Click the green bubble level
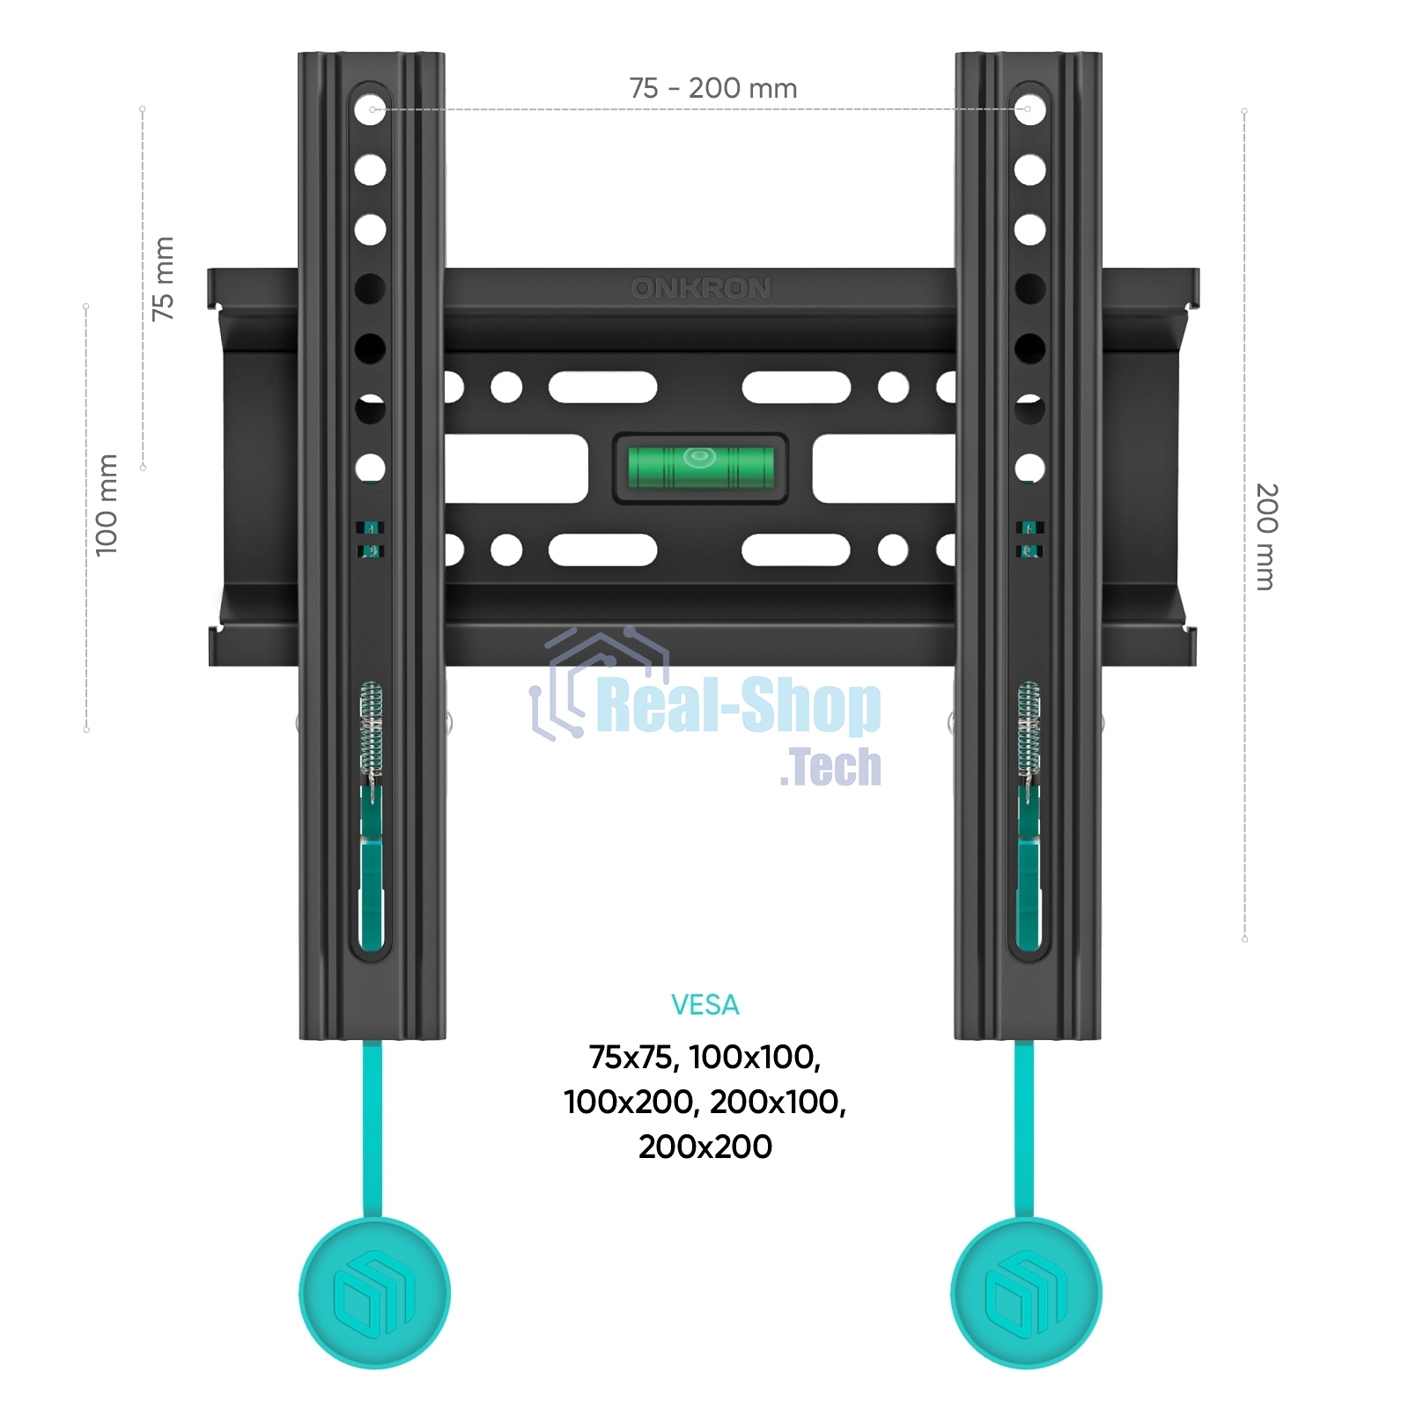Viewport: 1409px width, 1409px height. [700, 468]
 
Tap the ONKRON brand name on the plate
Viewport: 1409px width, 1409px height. [701, 288]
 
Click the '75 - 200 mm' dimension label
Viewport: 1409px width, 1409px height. [712, 88]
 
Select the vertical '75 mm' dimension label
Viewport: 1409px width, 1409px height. [163, 278]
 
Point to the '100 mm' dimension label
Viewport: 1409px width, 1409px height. [106, 505]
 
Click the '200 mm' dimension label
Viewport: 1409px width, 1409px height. [1265, 536]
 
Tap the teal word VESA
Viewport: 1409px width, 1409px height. [704, 1005]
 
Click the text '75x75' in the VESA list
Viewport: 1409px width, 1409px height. [633, 1057]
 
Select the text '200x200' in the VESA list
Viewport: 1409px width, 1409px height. [705, 1147]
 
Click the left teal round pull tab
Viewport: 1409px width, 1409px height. [375, 1293]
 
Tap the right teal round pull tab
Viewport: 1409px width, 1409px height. [1027, 1293]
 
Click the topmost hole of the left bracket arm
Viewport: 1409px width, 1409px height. [371, 109]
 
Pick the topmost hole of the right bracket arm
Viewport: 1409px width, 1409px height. [1029, 109]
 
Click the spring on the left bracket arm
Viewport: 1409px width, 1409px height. [372, 727]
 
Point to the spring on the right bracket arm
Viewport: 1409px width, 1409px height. [1029, 727]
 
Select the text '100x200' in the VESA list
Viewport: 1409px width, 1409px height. [628, 1102]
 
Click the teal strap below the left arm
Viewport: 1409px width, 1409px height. [373, 1127]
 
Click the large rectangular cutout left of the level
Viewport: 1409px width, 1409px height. [515, 468]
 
